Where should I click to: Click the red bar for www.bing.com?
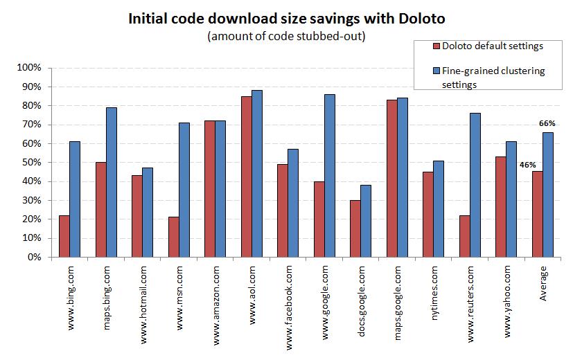click(64, 236)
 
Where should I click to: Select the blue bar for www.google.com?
click(329, 176)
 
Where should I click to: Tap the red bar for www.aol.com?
click(246, 177)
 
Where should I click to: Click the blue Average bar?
click(547, 195)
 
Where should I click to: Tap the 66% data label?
click(547, 124)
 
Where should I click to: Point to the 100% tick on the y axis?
click(30, 68)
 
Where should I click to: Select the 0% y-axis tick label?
click(35, 257)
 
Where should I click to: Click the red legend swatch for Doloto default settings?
click(437, 46)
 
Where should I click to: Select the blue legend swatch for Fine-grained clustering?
click(437, 71)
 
